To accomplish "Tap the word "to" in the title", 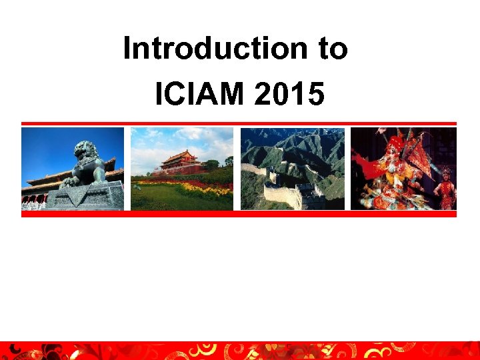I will pyautogui.click(x=329, y=49).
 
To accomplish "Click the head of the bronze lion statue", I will pyautogui.click(x=86, y=152).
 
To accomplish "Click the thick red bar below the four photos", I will pyautogui.click(x=239, y=214).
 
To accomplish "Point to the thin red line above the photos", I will pyautogui.click(x=239, y=123).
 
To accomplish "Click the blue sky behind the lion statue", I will pyautogui.click(x=47, y=147).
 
